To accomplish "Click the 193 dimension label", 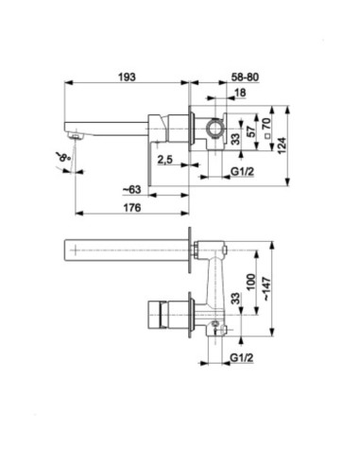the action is click(127, 77).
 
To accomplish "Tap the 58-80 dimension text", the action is click(245, 77).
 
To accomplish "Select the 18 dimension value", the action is click(240, 93).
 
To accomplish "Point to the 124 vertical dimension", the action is click(282, 146).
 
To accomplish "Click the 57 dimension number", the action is click(250, 131).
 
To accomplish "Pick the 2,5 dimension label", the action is click(164, 160).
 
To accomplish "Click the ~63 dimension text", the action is click(131, 190).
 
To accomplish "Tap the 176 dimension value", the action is click(132, 208).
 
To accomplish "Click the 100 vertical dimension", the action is click(250, 283).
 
